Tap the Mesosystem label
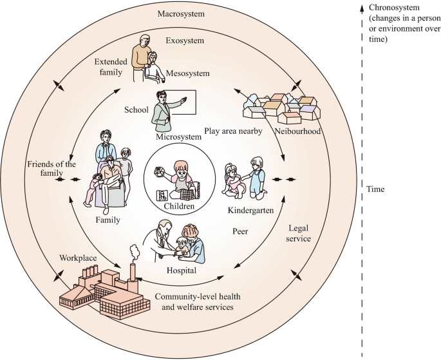pos(188,73)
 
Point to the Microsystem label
pos(178,137)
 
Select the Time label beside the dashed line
pos(375,190)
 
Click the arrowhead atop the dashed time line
pos(362,7)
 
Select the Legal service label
pos(299,233)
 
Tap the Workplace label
pos(79,258)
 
